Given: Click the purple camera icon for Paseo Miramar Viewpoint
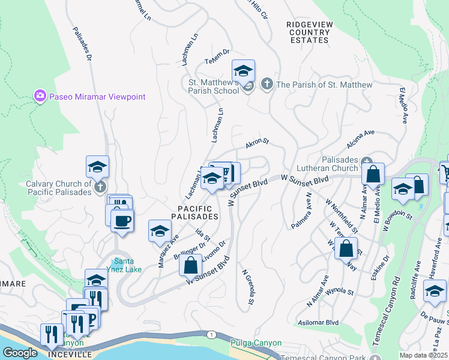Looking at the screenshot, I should tap(40, 96).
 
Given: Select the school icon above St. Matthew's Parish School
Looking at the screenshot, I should tap(243, 71).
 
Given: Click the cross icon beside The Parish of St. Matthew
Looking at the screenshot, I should tap(267, 85).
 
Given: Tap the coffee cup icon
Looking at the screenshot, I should tap(122, 220).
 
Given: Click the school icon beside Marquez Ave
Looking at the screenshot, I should tap(160, 231).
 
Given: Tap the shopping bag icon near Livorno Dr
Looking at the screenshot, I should tap(190, 264).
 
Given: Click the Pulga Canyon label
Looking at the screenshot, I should tap(256, 343).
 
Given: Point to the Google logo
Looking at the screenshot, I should tap(20, 353).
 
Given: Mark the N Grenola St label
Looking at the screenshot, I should tap(248, 286).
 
